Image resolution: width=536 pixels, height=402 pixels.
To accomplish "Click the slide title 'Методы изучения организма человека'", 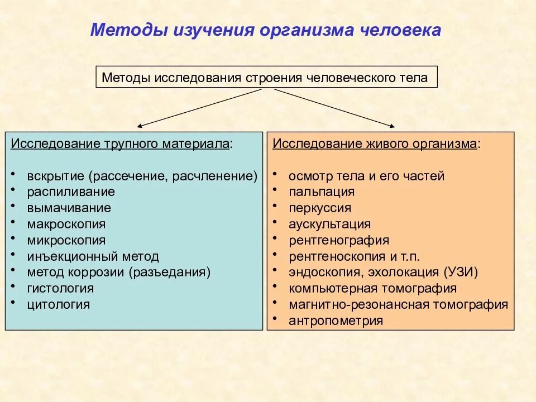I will (266, 30).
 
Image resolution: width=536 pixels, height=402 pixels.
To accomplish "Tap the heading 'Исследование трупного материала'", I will (120, 144).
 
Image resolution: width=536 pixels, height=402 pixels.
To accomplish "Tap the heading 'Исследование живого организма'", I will (375, 144).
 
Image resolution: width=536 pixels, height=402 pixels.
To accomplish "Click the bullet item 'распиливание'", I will (71, 192).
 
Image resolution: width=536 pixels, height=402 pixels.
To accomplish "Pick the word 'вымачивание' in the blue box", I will (69, 208).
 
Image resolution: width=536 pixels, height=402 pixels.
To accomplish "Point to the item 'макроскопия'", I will (66, 224).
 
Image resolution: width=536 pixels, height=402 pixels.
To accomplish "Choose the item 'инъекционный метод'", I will (93, 257).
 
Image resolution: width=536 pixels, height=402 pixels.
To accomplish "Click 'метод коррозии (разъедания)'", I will (118, 273).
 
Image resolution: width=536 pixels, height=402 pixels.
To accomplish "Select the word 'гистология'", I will (60, 289).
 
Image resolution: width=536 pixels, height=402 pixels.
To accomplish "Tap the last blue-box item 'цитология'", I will (58, 305).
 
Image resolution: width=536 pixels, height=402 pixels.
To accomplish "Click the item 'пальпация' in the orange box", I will (322, 192).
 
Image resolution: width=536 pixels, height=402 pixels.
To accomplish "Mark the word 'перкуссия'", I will (320, 208).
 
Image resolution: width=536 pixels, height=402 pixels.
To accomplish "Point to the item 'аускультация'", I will (329, 224).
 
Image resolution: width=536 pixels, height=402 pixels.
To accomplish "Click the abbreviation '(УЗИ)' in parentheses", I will (461, 273).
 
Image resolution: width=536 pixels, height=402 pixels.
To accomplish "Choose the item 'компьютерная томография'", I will (372, 289).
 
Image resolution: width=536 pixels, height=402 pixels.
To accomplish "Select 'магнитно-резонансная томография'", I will (398, 305).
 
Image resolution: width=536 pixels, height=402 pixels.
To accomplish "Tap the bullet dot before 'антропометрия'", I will (275, 318).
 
